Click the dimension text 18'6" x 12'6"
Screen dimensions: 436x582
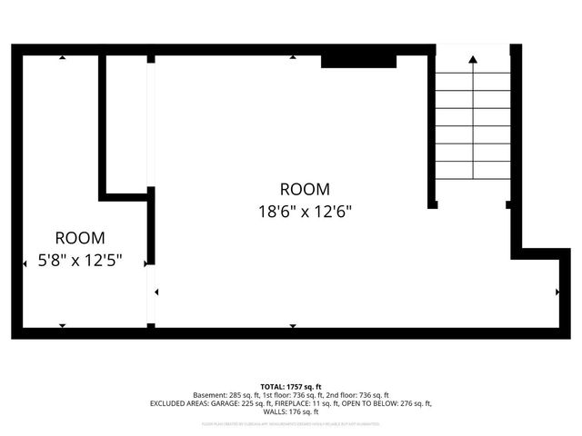tap(304, 212)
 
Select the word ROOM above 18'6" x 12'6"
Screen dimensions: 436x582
tap(304, 189)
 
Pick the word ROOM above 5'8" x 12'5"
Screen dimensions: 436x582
tap(80, 238)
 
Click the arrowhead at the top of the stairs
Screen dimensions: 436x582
tap(473, 59)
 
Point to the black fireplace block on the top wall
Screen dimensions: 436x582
tap(358, 60)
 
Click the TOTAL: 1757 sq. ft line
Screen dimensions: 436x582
tap(291, 387)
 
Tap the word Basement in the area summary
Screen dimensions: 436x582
tap(210, 395)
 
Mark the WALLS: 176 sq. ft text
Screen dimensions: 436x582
tap(291, 411)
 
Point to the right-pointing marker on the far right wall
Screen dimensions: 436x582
tap(557, 292)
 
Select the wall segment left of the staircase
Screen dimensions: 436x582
tap(431, 127)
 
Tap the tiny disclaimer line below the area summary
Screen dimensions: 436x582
tap(291, 423)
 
